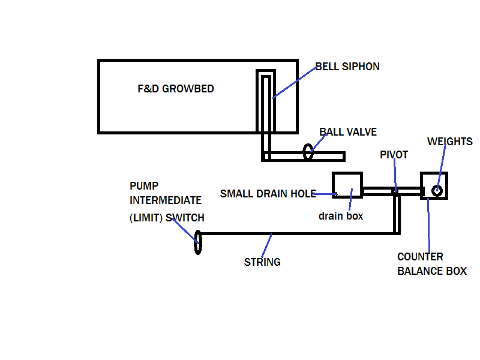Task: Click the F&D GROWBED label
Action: pos(176,89)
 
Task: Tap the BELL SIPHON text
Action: pos(348,67)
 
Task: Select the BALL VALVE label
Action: pos(348,132)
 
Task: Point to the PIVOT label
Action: pos(394,155)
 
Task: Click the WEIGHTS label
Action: pos(449,142)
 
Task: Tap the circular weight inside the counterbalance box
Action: pos(437,190)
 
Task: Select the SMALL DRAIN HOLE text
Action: pos(268,194)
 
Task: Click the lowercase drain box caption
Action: pos(341,216)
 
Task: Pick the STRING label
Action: pos(262,262)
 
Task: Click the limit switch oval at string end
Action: pos(198,244)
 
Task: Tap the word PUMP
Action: pos(145,186)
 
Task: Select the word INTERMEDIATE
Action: pos(166,200)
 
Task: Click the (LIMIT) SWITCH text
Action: pos(167,217)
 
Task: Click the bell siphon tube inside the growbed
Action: pos(266,102)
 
